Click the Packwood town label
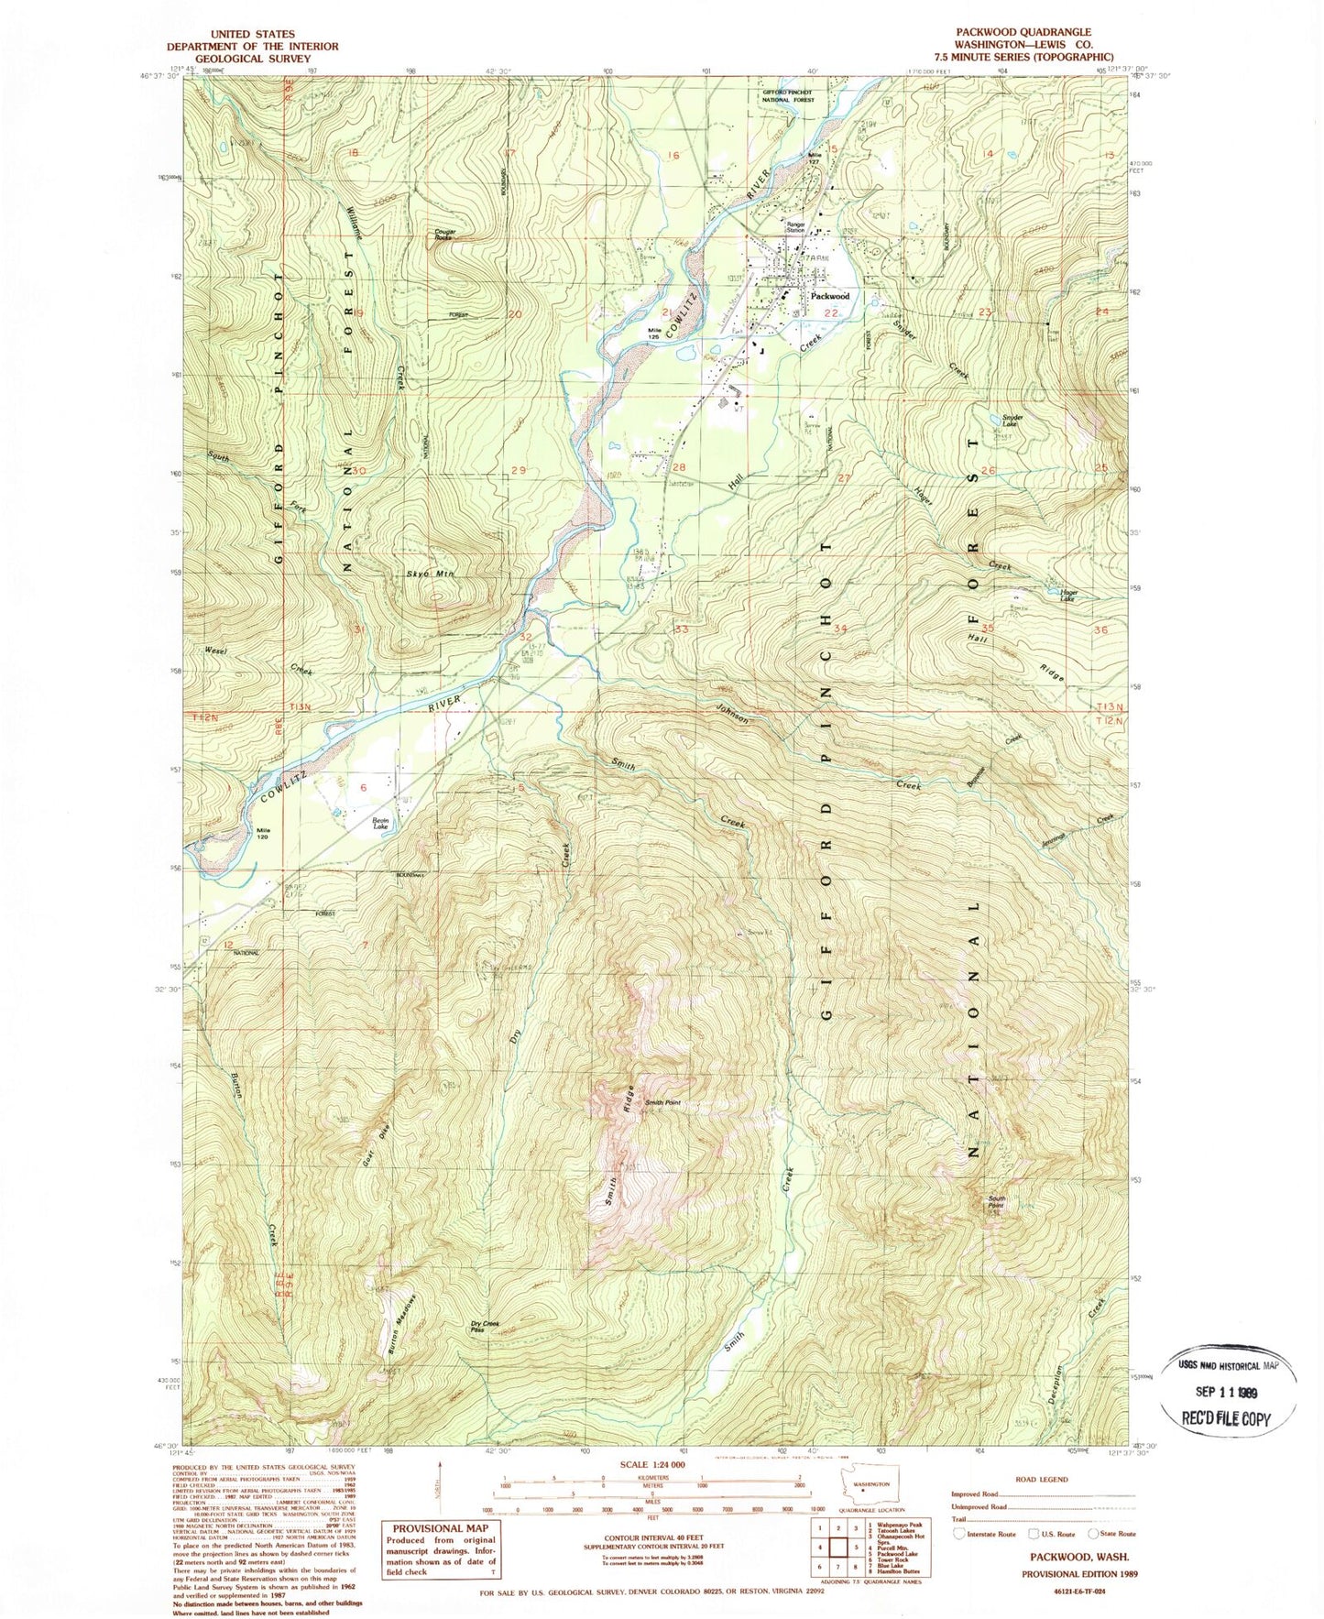[829, 296]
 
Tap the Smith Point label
[665, 1103]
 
